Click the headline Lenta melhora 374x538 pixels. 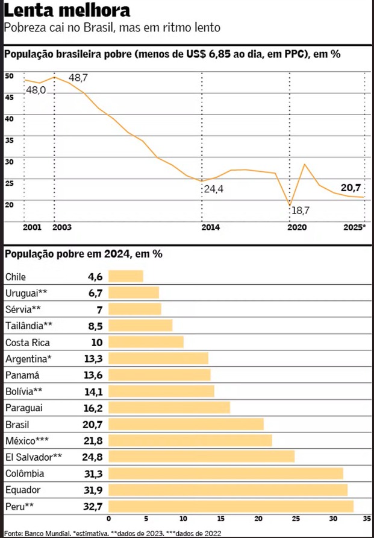click(x=66, y=11)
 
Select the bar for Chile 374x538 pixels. click(x=125, y=276)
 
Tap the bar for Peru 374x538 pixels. click(x=231, y=505)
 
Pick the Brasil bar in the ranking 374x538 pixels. click(x=185, y=424)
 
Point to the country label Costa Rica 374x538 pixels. click(x=27, y=343)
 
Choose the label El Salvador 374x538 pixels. click(x=31, y=457)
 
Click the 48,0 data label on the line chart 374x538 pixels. click(x=36, y=90)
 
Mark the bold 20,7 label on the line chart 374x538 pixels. click(x=351, y=188)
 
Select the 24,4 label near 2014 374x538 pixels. click(x=213, y=189)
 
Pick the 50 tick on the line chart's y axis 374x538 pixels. click(x=9, y=76)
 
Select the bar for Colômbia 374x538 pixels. click(x=225, y=473)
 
